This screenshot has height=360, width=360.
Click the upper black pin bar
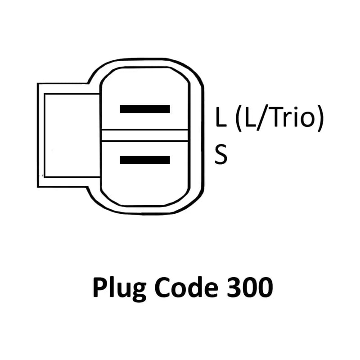pyautogui.click(x=144, y=109)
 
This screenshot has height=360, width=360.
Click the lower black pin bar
pyautogui.click(x=144, y=160)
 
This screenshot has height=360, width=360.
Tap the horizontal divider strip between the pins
pyautogui.click(x=144, y=135)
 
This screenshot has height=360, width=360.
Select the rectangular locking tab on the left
pyautogui.click(x=70, y=135)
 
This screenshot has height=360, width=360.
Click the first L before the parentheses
pyautogui.click(x=220, y=117)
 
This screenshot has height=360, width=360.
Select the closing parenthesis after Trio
pyautogui.click(x=319, y=118)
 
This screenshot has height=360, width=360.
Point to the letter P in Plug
pyautogui.click(x=99, y=288)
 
